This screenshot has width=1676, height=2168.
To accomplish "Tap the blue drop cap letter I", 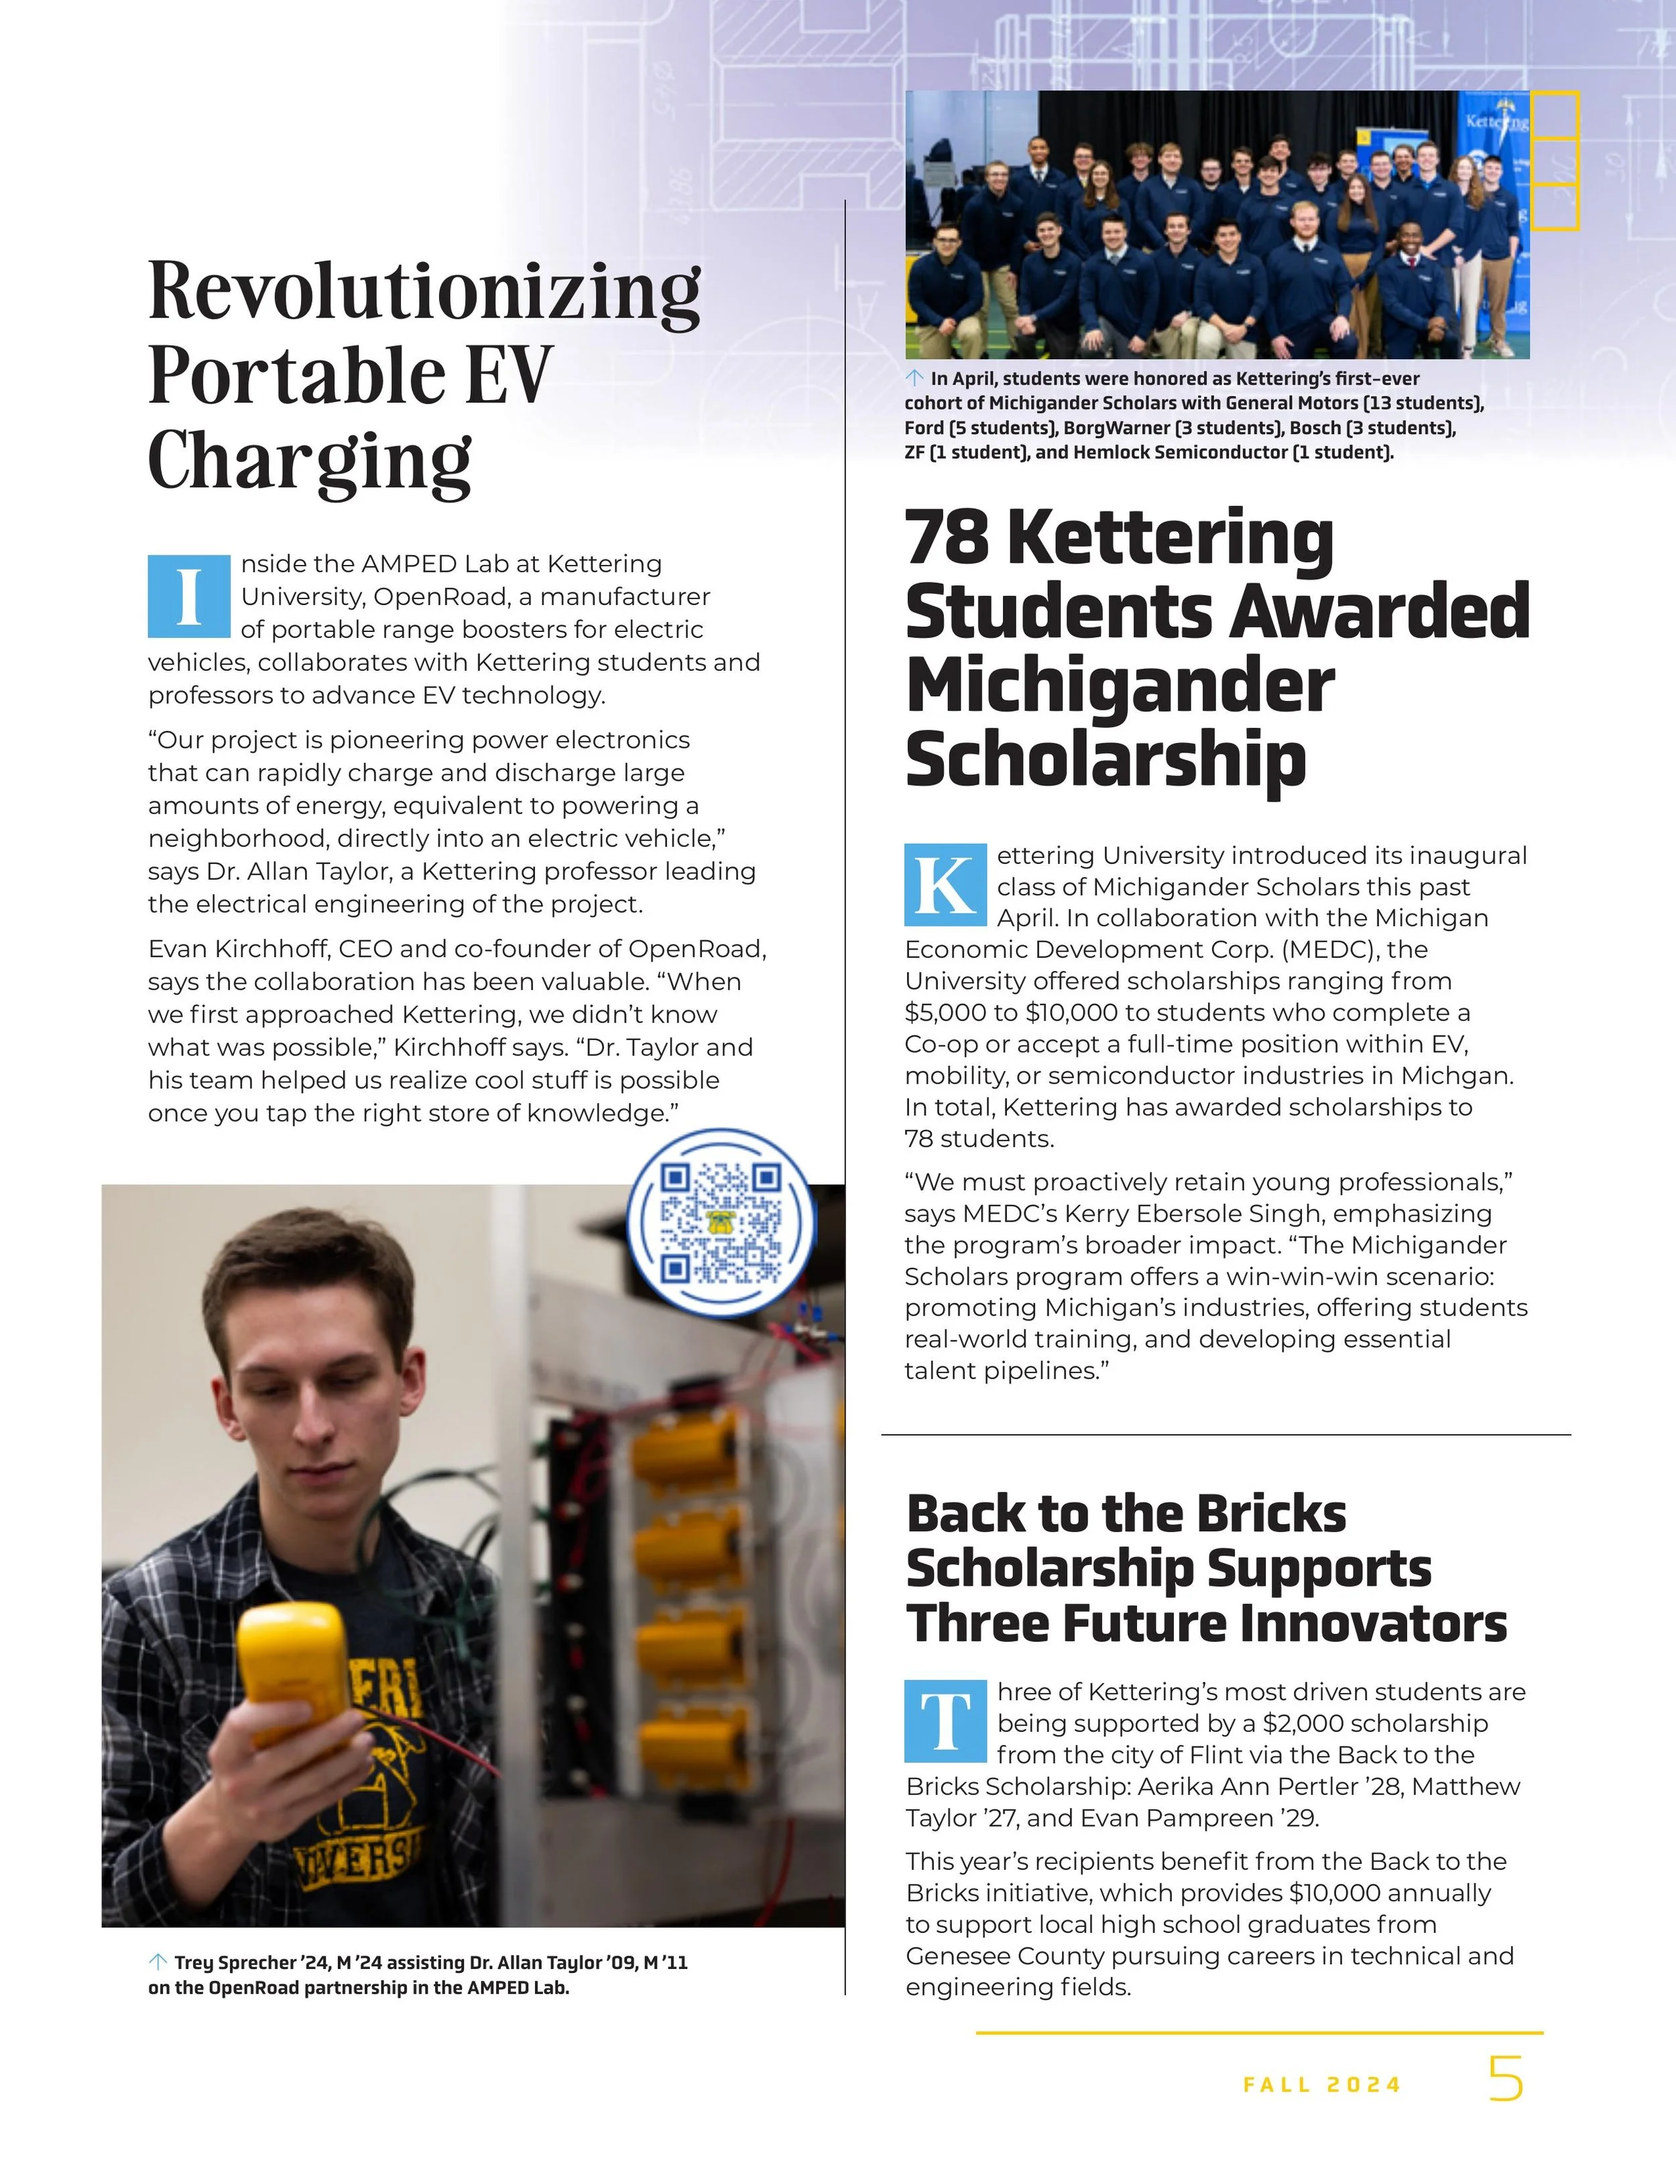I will coord(188,596).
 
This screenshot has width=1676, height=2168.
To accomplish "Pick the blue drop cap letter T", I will coord(945,1720).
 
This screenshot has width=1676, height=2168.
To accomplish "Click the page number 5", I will coord(1505,2079).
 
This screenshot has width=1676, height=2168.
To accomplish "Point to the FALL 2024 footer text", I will coord(1321,2085).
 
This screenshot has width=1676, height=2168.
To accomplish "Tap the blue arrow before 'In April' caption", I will coord(914,378).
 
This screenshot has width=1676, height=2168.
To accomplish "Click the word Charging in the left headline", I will coord(310,462).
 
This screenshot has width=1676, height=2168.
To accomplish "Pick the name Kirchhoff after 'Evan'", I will coord(263,949).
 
